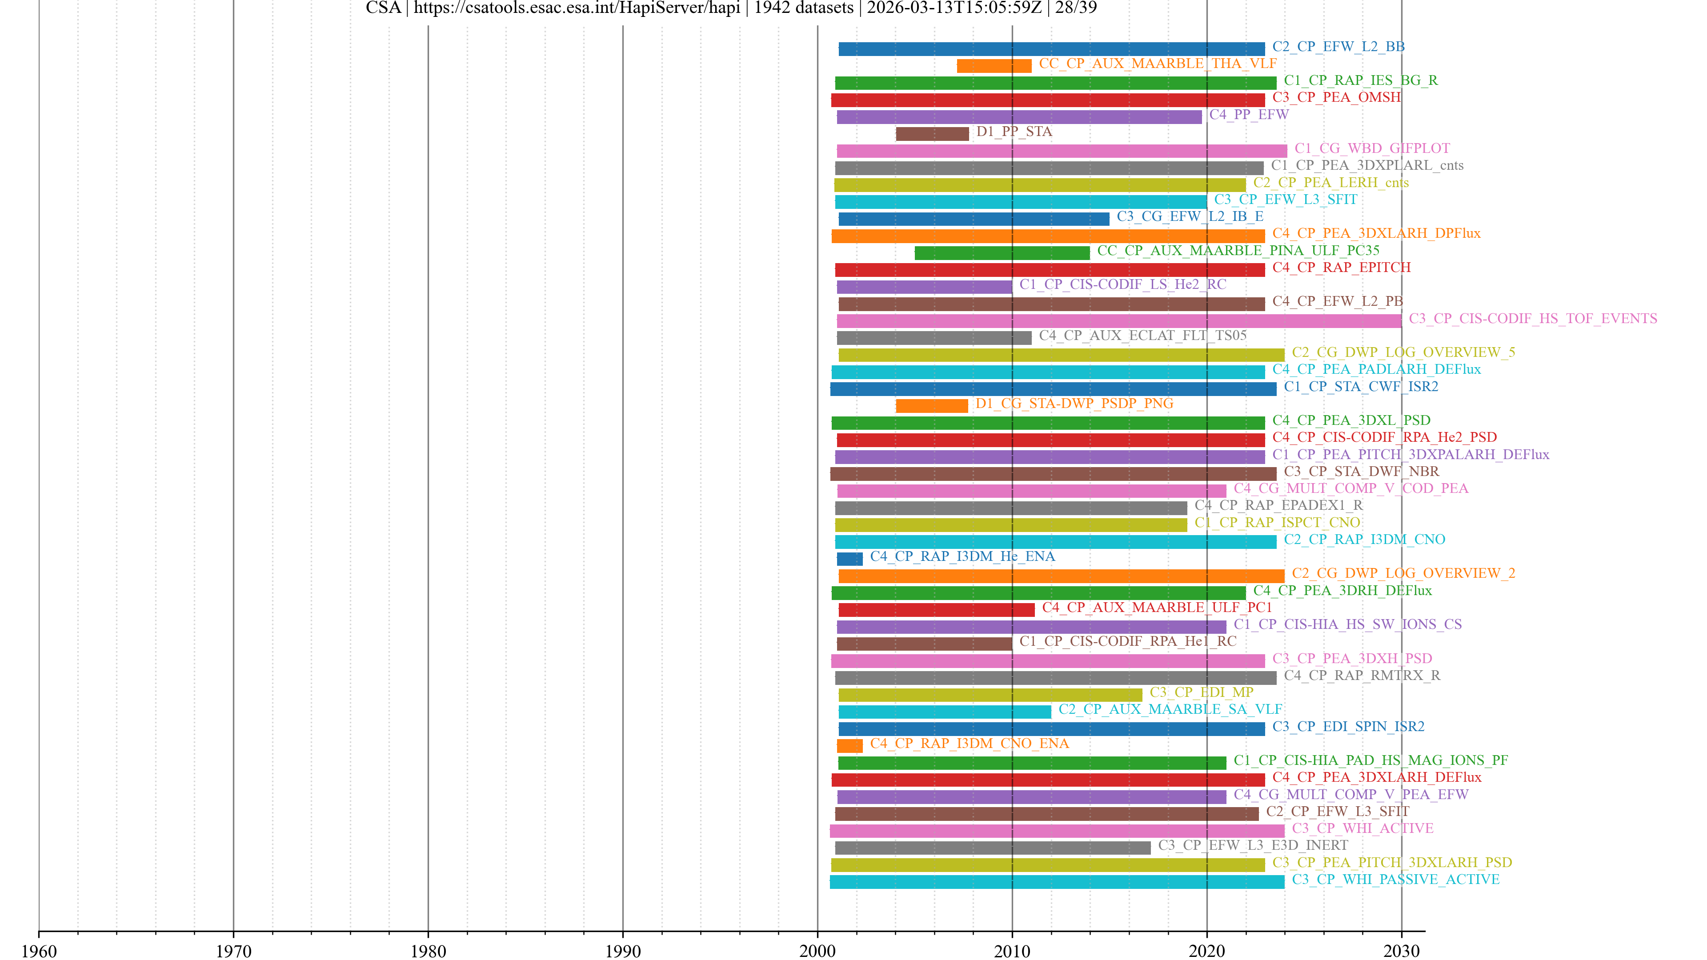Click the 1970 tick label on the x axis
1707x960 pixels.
(233, 951)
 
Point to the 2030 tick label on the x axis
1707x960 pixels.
(1401, 951)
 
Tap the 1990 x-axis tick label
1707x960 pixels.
(622, 951)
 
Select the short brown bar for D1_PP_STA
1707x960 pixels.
(932, 134)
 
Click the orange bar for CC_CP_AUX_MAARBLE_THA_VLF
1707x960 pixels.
(994, 66)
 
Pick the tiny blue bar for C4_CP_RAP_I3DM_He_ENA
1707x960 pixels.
(849, 559)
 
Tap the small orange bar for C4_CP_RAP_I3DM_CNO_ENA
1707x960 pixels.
(849, 745)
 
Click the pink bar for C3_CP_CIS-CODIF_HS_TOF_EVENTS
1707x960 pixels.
(1118, 320)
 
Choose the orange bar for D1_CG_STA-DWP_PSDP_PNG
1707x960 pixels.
(931, 405)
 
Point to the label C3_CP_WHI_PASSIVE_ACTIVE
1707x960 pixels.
(1395, 879)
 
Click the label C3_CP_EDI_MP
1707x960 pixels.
(1202, 692)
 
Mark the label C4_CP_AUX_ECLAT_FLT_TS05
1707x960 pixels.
(1142, 335)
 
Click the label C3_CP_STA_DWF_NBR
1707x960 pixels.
(1361, 471)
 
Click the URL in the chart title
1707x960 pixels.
(577, 8)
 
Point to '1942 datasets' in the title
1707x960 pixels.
(803, 8)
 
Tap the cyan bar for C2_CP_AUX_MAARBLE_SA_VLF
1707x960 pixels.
(944, 712)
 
